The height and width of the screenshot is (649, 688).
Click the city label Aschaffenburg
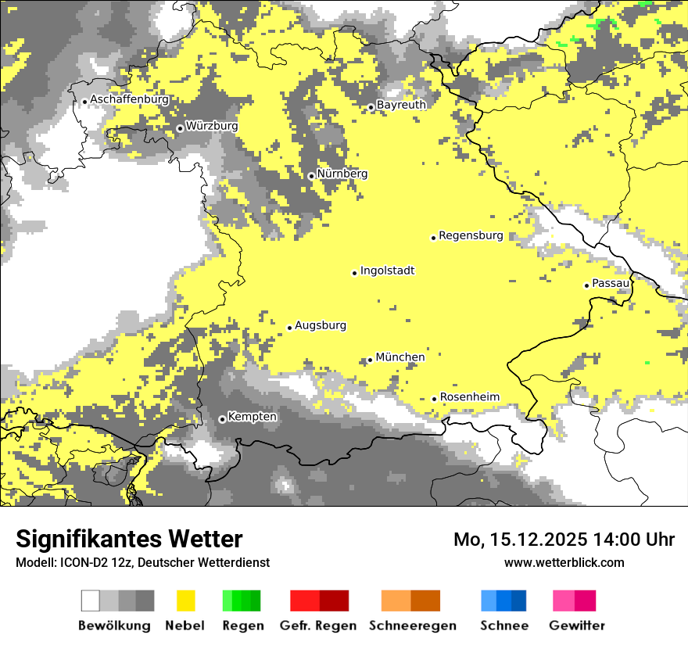129,100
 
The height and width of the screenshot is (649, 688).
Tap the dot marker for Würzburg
180,128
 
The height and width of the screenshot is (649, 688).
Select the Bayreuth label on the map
401,105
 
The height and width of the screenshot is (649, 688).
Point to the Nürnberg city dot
311,176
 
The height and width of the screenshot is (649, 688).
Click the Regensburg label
471,235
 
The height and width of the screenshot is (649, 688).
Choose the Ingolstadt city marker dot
354,273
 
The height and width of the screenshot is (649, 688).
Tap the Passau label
611,283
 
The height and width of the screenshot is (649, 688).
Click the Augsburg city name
320,326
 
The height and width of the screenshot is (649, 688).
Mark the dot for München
370,360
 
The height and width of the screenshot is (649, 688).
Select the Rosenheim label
469,397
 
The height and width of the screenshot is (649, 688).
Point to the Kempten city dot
222,419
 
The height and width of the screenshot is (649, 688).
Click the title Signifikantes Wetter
129,540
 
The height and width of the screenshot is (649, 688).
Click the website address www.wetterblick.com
564,563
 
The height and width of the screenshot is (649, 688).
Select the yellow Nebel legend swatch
185,601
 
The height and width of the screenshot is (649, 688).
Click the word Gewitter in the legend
576,626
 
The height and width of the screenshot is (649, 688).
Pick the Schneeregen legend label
412,626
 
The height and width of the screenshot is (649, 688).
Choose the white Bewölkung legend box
90,601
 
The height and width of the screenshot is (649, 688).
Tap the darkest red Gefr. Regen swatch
334,601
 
